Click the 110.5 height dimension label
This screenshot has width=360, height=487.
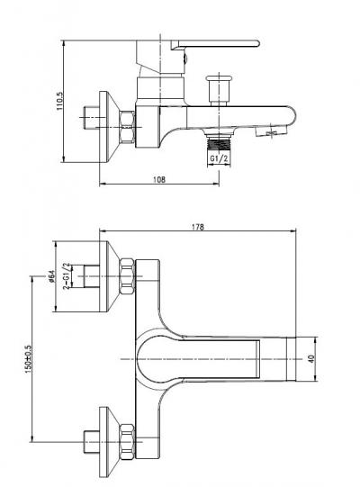click(59, 101)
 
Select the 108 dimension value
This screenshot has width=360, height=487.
click(159, 179)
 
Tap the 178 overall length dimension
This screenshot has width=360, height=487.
click(197, 227)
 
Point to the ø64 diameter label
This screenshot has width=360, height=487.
click(51, 276)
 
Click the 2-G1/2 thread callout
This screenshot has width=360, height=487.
click(66, 276)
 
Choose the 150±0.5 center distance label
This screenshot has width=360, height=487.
click(28, 359)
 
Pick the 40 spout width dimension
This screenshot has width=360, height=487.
click(311, 359)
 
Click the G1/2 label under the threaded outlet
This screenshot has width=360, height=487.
click(219, 158)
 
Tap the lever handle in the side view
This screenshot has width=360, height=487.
click(214, 44)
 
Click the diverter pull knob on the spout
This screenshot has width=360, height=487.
click(219, 90)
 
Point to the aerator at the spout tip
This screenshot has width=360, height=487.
click(270, 131)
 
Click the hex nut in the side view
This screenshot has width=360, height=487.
click(128, 127)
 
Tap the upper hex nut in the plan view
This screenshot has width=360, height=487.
click(128, 276)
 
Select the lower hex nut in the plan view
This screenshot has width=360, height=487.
click(128, 441)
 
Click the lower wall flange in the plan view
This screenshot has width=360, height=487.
click(108, 441)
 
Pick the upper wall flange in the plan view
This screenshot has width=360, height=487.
click(108, 276)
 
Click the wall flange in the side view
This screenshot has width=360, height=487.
click(108, 127)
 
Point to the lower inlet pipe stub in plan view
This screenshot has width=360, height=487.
click(92, 441)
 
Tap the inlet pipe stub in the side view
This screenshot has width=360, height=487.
click(92, 118)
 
